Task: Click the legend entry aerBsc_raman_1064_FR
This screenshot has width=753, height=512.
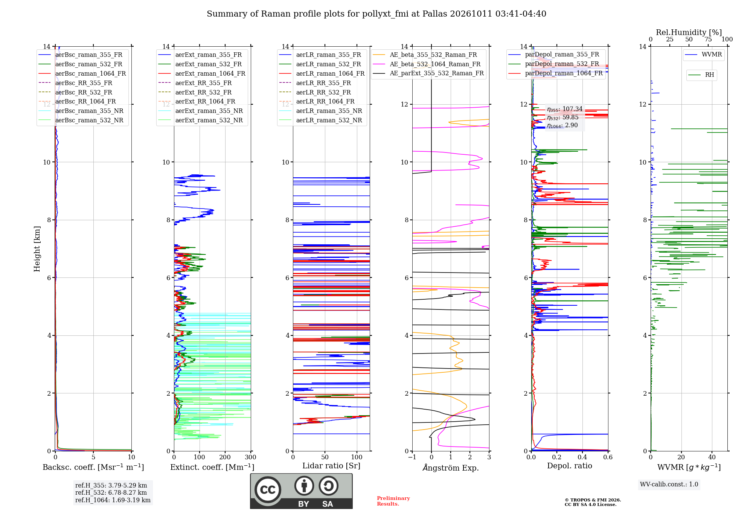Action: pos(82,74)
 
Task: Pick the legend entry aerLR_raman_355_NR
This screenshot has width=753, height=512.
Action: pos(320,111)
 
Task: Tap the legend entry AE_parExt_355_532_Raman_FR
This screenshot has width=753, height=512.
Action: pos(428,73)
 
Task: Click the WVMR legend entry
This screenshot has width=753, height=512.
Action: pos(703,55)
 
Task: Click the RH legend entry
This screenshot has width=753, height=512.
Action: pos(701,75)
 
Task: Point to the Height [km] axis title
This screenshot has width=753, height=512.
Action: pos(37,249)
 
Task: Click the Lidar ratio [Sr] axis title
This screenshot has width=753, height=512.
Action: pos(331,466)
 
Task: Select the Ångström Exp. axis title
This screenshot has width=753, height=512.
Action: pos(451,468)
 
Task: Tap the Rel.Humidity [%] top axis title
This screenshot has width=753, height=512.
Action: pos(689,32)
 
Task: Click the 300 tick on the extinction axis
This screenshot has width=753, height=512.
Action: pos(251,457)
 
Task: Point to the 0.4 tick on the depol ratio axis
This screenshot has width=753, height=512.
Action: pos(582,457)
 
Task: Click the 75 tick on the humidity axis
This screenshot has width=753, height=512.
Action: pos(708,40)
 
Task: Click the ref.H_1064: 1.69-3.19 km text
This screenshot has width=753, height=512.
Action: pos(113,500)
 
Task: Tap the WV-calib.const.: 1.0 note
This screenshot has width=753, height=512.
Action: pos(669,485)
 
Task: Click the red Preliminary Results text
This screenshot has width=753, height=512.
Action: pos(393,501)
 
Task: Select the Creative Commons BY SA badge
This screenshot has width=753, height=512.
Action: pos(302,491)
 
